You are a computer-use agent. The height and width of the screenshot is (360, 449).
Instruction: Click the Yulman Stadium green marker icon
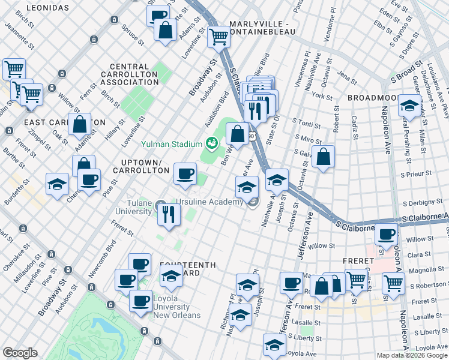[211, 143]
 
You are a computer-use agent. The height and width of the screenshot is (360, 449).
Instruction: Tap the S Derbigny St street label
[424, 203]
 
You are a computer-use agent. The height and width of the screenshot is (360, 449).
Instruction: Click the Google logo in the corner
[20, 353]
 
